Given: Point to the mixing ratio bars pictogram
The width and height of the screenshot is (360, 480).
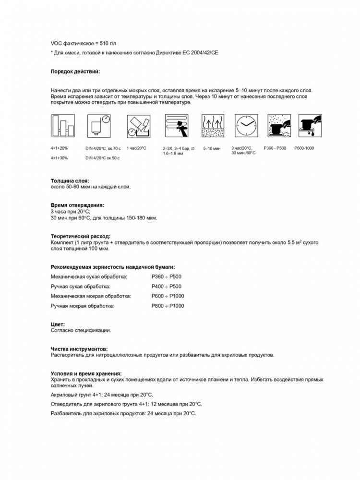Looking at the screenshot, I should tap(62, 126).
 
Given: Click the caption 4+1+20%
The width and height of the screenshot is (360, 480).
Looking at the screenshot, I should tap(60, 148).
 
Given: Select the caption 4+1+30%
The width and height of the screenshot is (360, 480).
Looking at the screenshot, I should tap(60, 158).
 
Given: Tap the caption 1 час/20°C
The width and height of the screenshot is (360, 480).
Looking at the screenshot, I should tap(136, 148).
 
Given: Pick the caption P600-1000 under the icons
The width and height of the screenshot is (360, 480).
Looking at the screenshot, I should tap(304, 148).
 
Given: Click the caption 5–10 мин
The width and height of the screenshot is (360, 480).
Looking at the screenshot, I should tap(212, 148).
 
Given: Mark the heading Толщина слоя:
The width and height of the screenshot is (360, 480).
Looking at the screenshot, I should tap(70, 181).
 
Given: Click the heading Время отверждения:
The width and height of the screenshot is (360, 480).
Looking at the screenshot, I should tap(77, 205).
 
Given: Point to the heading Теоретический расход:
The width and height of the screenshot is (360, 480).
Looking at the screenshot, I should tap(81, 236).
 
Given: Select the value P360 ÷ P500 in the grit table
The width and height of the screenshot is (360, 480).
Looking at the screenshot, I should tap(166, 277).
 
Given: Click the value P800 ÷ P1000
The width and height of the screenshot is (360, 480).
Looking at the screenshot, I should tap(168, 306).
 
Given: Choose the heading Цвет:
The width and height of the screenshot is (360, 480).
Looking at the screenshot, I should tap(58, 324).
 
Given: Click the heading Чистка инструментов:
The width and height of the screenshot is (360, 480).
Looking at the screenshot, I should tap(79, 349).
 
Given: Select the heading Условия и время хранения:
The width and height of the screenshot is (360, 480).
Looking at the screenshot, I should tap(86, 373).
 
